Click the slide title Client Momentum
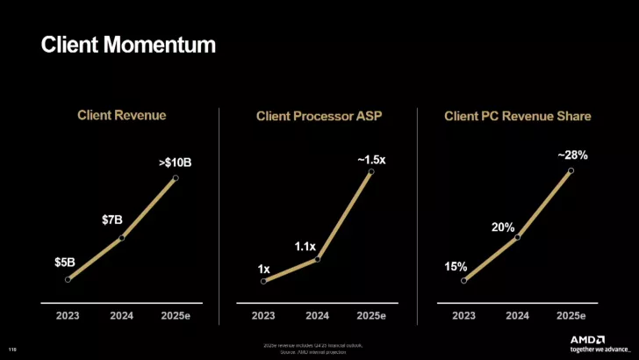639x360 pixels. pos(128,44)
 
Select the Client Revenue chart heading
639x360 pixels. pos(121,114)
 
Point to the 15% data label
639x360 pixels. pos(456,266)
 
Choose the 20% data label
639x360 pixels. pos(503,227)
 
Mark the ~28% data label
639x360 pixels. pos(572,155)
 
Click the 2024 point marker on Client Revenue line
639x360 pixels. pos(122,237)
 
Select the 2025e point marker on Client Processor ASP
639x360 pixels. pos(371,172)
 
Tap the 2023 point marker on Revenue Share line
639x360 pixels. pos(463,280)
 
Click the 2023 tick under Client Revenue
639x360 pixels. pos(68,315)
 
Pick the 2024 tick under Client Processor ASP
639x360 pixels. pos(317,315)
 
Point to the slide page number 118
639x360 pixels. pos(12,349)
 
